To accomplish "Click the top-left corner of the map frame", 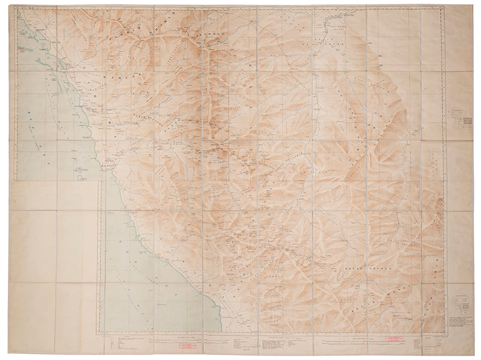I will pos(17,8).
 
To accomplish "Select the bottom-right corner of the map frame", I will pos(446,332).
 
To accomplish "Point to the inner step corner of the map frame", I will pos(100,180).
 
